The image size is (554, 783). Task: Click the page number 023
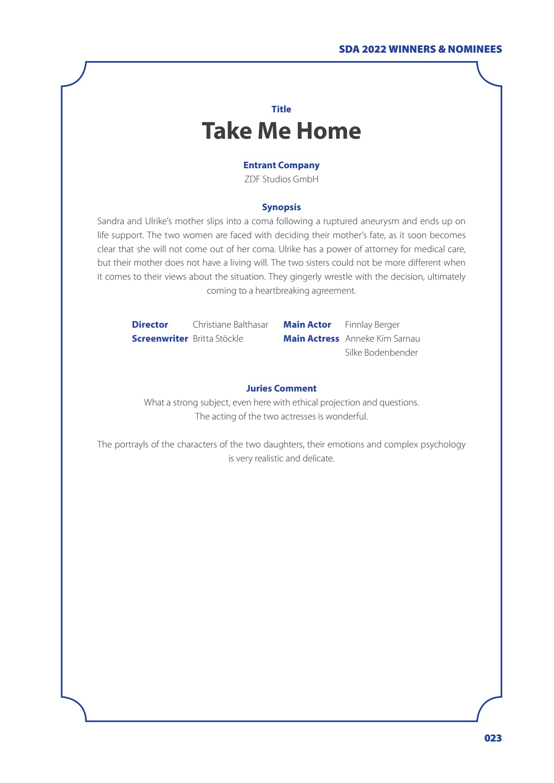(492, 738)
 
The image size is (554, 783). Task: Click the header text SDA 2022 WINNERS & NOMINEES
(420, 49)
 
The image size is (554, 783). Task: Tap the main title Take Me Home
(281, 131)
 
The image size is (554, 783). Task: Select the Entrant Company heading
(281, 165)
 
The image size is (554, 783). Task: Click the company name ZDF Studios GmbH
(281, 179)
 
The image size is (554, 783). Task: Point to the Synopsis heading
(281, 207)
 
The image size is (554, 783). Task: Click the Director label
(150, 324)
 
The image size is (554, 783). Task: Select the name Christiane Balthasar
(230, 324)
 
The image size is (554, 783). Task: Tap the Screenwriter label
(159, 338)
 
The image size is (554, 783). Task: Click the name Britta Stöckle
(218, 338)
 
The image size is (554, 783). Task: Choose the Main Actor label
(307, 324)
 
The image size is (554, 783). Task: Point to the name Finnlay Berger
(372, 324)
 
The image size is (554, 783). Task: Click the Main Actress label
(311, 338)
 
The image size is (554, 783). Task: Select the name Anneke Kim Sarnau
(382, 338)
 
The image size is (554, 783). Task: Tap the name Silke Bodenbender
(381, 352)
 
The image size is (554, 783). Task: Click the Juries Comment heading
(281, 388)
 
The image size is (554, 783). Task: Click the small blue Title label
(281, 109)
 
